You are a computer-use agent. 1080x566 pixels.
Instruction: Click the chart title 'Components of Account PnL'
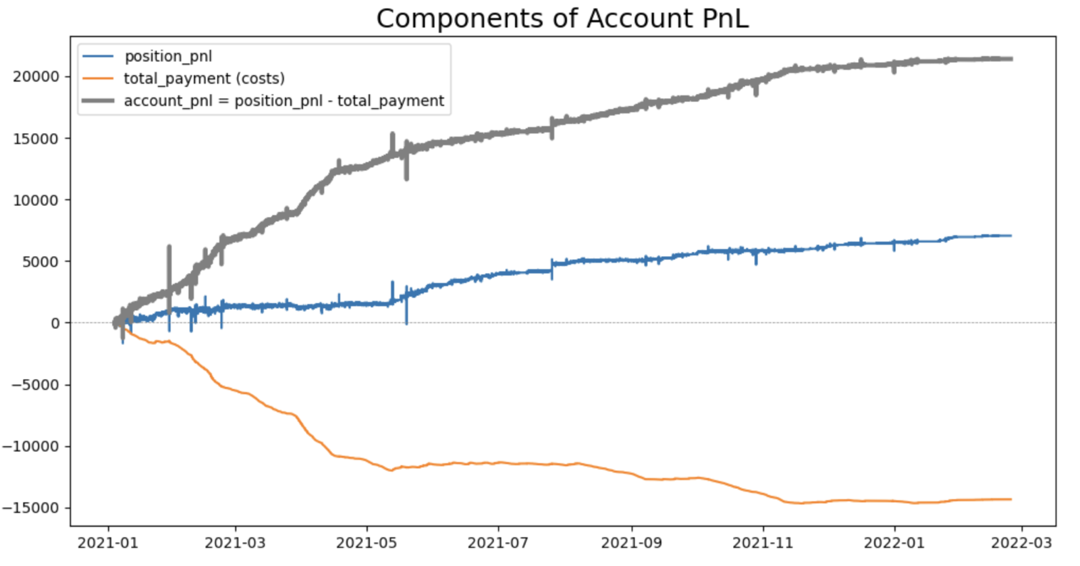click(562, 19)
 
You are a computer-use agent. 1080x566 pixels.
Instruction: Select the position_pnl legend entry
click(168, 57)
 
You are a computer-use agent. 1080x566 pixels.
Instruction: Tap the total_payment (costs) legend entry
click(204, 79)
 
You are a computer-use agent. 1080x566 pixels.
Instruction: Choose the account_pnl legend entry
click(283, 101)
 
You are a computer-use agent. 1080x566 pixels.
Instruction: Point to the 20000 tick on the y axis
click(36, 77)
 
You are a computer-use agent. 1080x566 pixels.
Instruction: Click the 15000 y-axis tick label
click(36, 139)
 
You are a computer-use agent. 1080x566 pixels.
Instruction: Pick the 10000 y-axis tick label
click(36, 201)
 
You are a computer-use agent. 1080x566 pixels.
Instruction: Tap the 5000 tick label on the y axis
click(40, 262)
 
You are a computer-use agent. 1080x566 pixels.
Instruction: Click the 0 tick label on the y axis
click(55, 324)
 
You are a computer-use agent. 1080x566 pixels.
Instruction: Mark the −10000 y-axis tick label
click(30, 446)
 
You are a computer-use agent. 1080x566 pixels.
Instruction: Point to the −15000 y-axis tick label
click(30, 508)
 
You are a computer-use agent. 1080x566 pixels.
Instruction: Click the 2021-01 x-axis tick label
click(108, 543)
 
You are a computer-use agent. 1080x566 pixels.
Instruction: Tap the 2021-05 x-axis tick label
click(367, 543)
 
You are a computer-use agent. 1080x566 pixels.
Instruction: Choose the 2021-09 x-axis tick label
click(632, 543)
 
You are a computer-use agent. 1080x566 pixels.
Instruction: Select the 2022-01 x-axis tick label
click(894, 543)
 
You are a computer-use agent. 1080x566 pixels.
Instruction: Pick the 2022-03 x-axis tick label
click(1021, 543)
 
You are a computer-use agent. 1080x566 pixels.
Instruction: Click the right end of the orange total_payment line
click(1011, 499)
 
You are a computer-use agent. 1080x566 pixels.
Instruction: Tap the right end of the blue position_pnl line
click(1011, 236)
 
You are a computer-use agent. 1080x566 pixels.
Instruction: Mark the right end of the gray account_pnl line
click(1011, 59)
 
